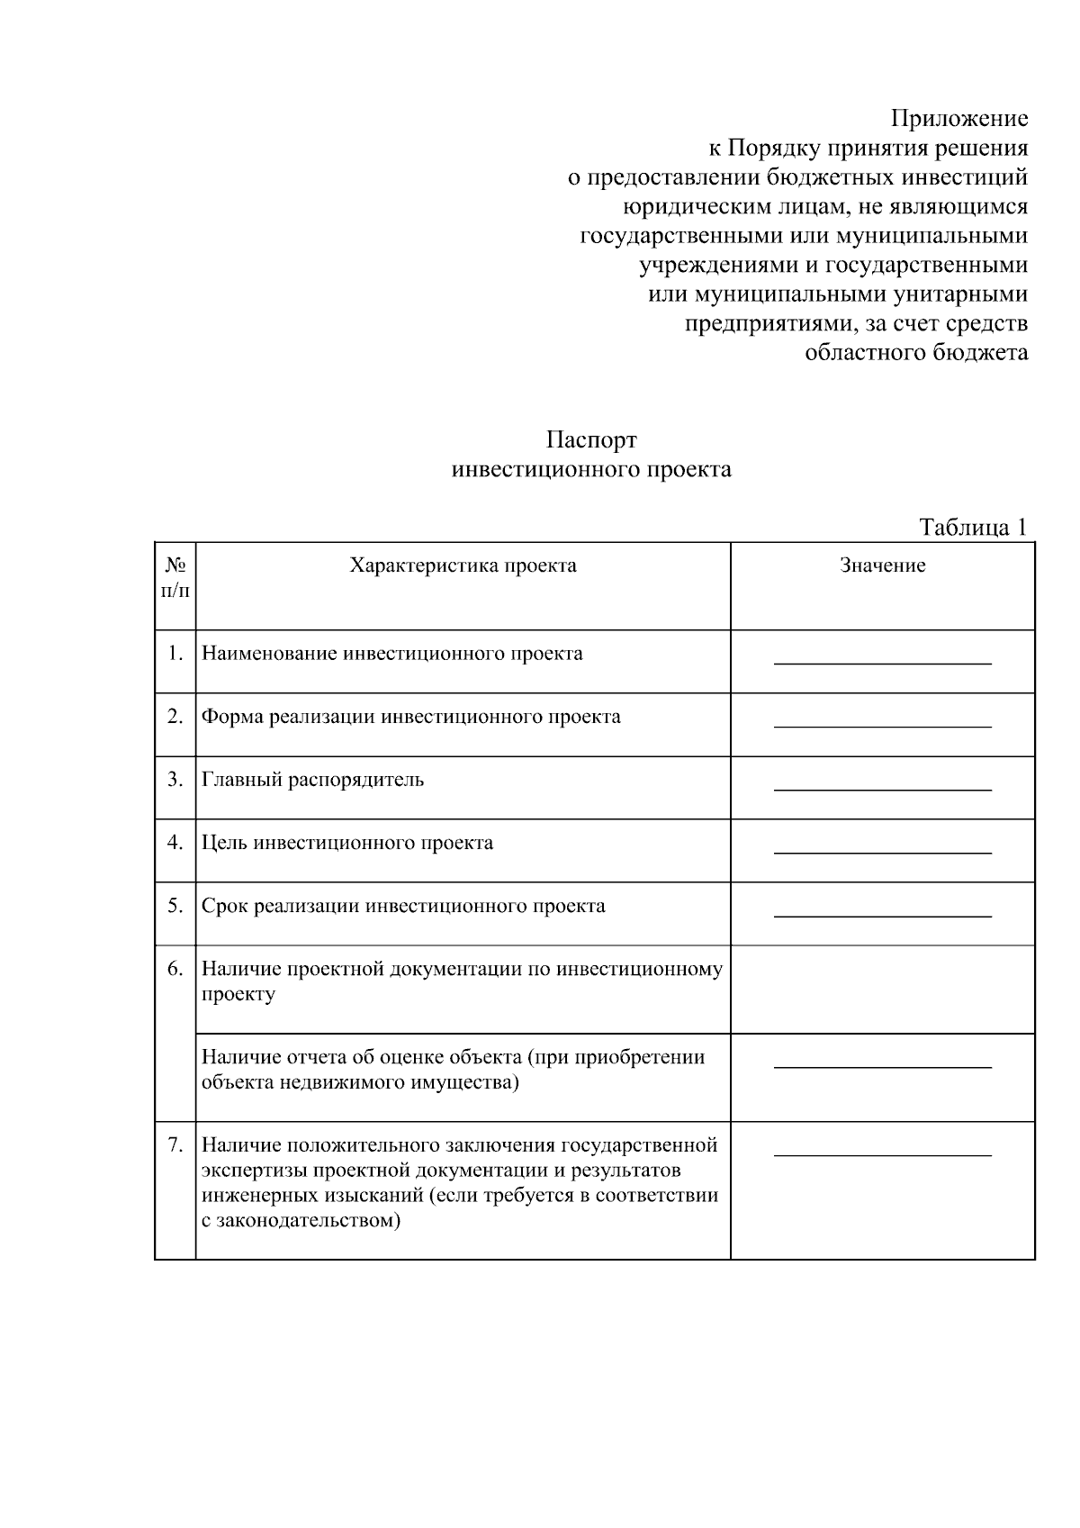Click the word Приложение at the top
pyautogui.click(x=958, y=119)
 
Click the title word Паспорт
pyautogui.click(x=590, y=440)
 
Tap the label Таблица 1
pyautogui.click(x=972, y=528)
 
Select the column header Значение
pyautogui.click(x=882, y=565)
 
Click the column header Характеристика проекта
pyautogui.click(x=463, y=565)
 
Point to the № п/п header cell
pyautogui.click(x=175, y=578)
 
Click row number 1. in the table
pyautogui.click(x=175, y=654)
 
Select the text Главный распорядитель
pyautogui.click(x=312, y=780)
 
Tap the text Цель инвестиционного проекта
pyautogui.click(x=346, y=843)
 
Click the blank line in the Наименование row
pyautogui.click(x=882, y=664)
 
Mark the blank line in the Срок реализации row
pyautogui.click(x=882, y=916)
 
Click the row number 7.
pyautogui.click(x=175, y=1145)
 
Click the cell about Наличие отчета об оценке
pyautogui.click(x=453, y=1070)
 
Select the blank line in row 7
pyautogui.click(x=882, y=1154)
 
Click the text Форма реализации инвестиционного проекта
pyautogui.click(x=410, y=717)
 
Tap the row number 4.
pyautogui.click(x=175, y=843)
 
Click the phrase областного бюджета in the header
pyautogui.click(x=915, y=353)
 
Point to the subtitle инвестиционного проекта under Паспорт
pyautogui.click(x=590, y=470)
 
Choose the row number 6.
pyautogui.click(x=175, y=969)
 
